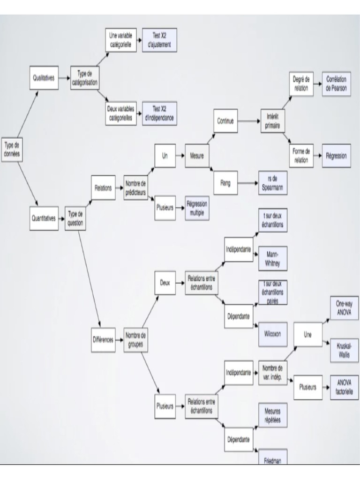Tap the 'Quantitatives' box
click(44, 218)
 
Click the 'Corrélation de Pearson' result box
click(336, 84)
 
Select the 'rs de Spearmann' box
click(272, 183)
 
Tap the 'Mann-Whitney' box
click(272, 259)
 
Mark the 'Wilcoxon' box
click(272, 333)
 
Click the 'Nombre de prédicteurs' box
click(135, 187)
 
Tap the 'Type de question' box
click(75, 218)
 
